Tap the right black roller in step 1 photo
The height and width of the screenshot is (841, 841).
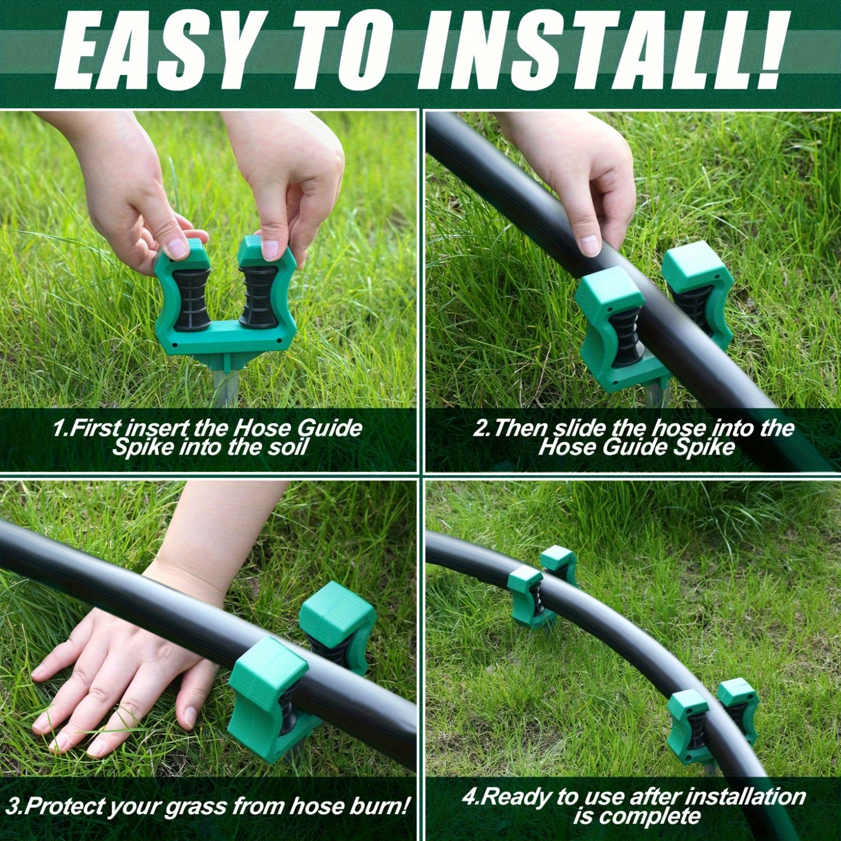259,297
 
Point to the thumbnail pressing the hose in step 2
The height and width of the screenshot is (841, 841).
589,245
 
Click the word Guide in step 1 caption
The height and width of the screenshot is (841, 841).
330,428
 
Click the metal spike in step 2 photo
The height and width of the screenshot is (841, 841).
653,397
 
